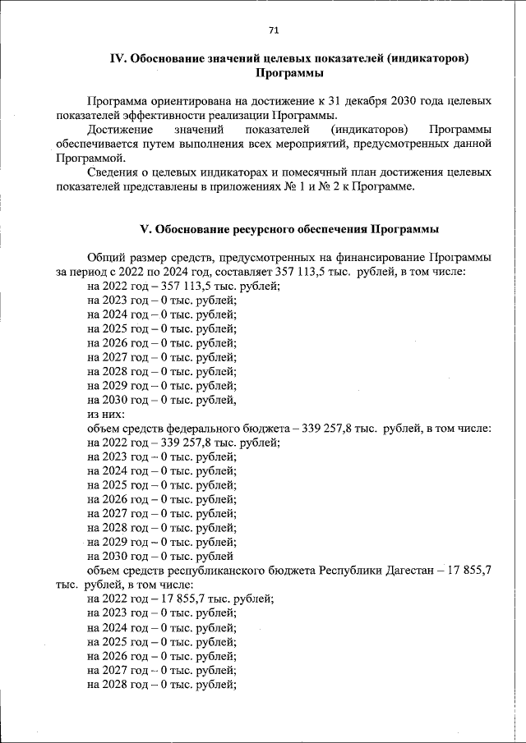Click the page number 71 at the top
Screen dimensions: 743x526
coord(274,30)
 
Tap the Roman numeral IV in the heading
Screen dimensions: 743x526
coord(118,58)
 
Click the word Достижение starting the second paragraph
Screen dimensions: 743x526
coord(117,130)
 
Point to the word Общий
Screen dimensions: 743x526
coord(105,257)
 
